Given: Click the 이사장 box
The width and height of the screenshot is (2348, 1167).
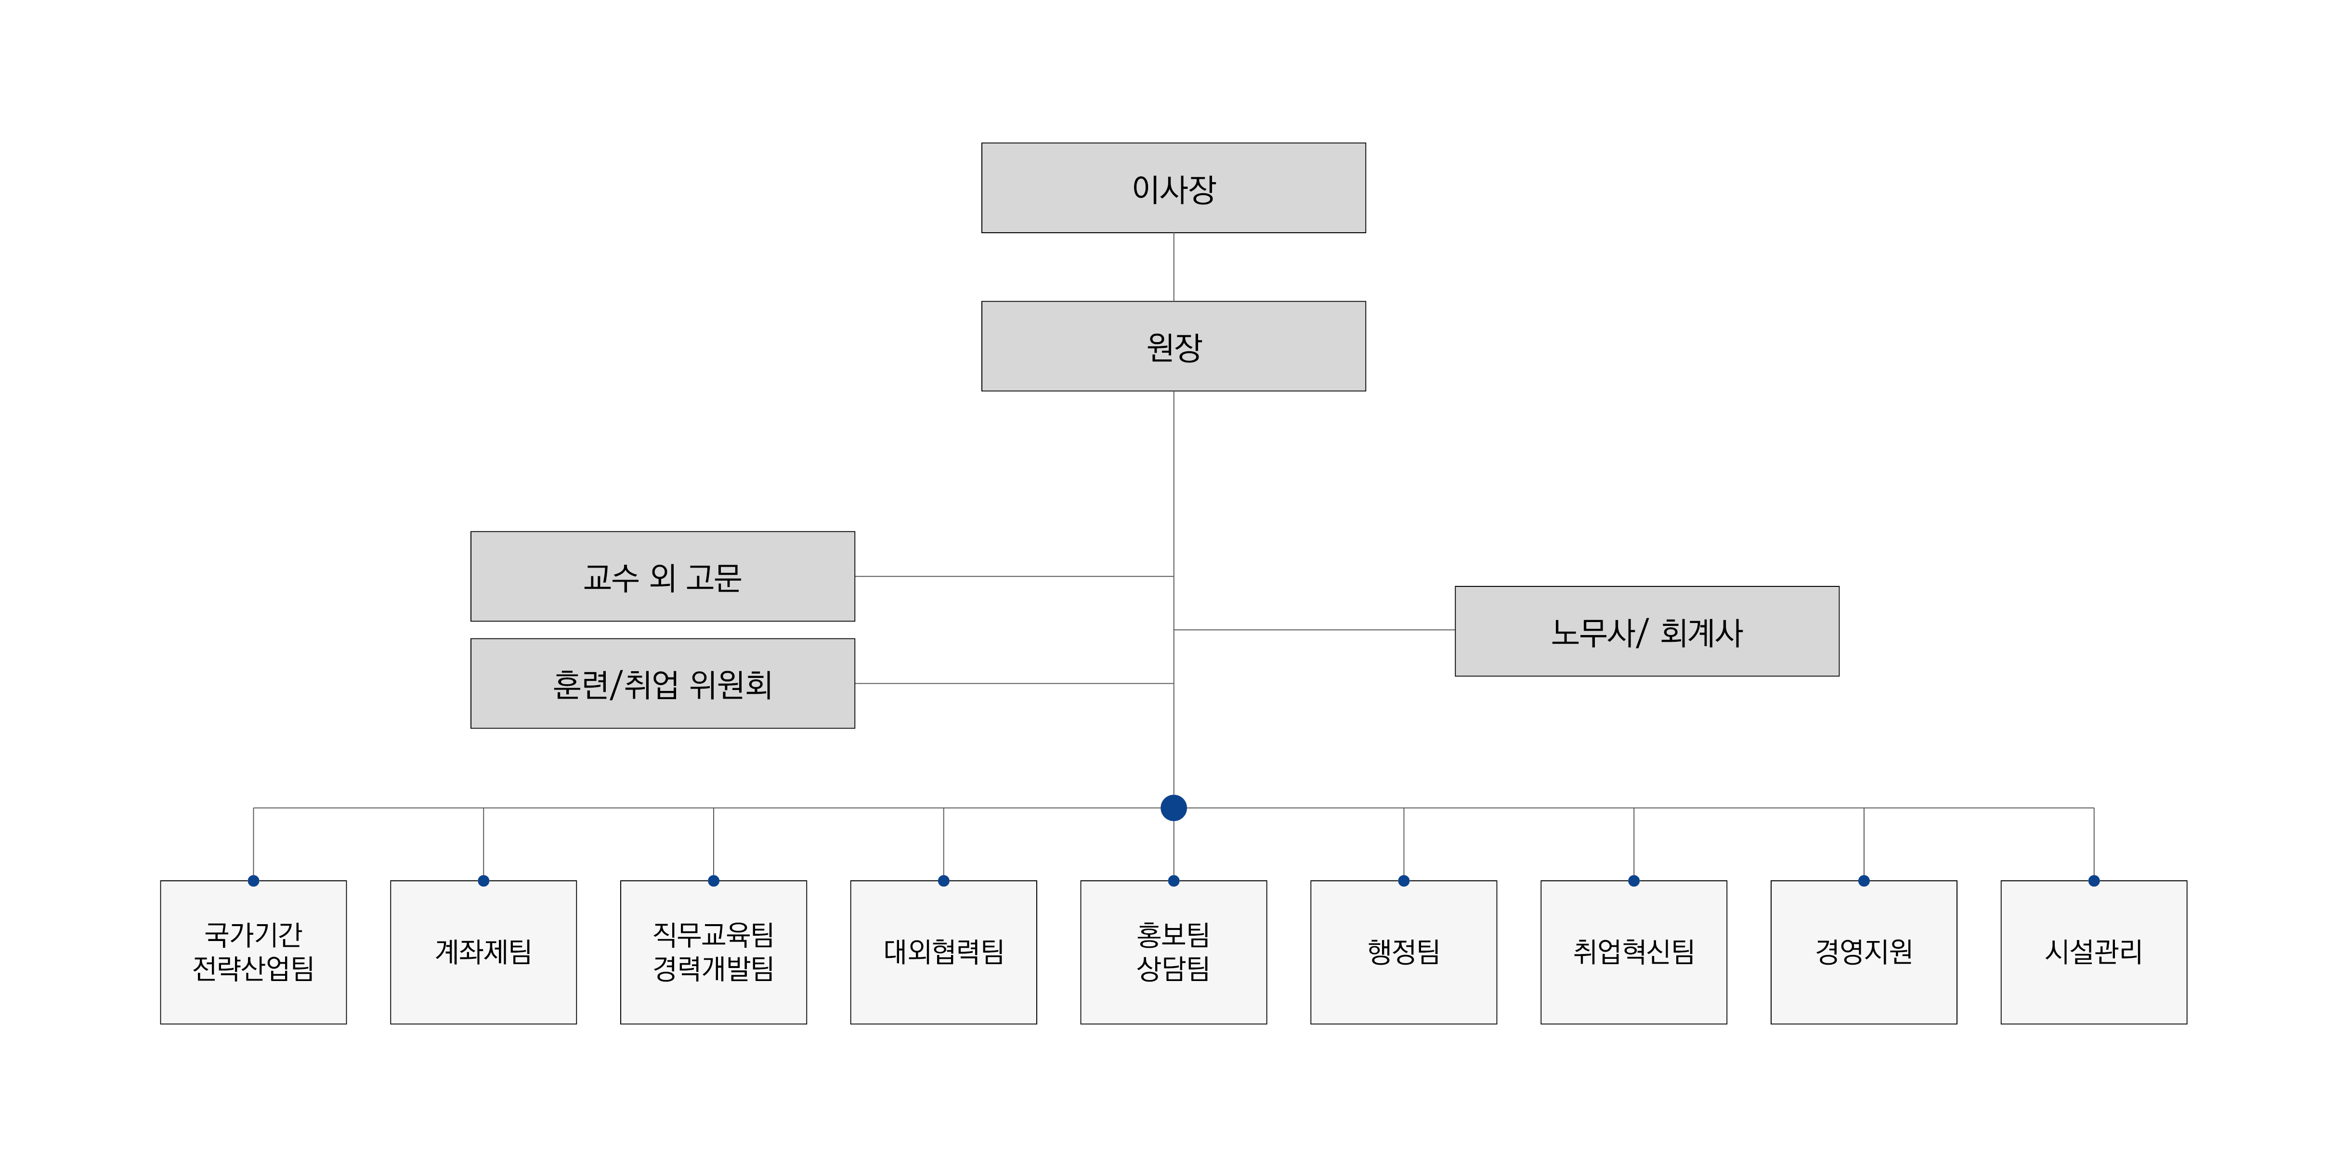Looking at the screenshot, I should click(1173, 188).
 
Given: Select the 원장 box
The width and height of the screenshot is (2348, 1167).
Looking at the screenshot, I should click(1173, 346).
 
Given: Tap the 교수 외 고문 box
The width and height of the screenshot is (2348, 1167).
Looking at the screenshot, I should click(663, 576).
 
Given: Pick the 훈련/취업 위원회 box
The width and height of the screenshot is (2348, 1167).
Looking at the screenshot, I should click(663, 684).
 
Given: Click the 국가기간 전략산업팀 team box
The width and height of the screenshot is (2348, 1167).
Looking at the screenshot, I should click(253, 952).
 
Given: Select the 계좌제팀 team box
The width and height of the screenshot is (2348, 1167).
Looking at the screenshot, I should click(483, 952).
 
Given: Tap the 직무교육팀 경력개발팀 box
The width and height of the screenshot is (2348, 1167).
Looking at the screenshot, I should click(714, 952).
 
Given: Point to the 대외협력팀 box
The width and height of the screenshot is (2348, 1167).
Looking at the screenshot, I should click(943, 952).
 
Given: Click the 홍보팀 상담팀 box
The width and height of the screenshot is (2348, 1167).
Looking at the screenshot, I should click(1173, 952).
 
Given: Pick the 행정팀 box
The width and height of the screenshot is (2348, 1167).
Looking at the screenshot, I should click(1404, 952).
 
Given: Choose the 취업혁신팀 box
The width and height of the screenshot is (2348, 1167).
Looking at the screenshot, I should click(1633, 952).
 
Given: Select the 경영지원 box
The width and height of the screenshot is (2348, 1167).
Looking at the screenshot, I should click(1864, 952).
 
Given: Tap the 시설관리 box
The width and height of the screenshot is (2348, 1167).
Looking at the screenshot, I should click(2094, 952).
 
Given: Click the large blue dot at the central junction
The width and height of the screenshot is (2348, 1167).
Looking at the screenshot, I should click(1173, 808).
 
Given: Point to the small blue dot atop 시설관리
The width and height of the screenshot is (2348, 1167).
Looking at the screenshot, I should click(2094, 881).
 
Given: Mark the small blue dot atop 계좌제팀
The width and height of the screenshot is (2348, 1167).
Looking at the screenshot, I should click(483, 881).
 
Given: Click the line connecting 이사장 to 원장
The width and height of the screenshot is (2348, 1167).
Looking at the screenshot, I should click(1173, 267).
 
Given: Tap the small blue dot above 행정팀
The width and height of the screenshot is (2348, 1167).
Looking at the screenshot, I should click(1404, 881).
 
